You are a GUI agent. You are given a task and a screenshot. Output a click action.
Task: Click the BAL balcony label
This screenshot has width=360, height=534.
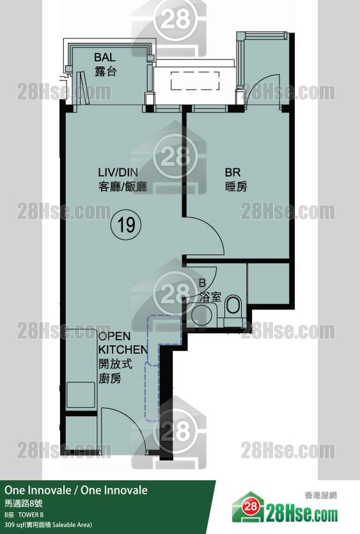click(105, 57)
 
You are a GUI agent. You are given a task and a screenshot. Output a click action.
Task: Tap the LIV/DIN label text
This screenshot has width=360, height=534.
click(118, 172)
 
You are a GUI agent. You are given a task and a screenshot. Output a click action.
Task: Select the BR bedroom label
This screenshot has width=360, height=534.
click(232, 172)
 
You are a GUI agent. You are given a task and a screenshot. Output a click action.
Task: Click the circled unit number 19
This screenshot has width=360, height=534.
click(127, 224)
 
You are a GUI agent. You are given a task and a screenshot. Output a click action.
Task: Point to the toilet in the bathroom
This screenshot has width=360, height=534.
click(233, 305)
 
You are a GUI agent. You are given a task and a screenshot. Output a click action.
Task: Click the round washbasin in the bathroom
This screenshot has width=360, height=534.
click(201, 315)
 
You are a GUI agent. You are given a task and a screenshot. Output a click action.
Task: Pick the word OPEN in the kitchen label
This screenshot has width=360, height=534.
click(114, 336)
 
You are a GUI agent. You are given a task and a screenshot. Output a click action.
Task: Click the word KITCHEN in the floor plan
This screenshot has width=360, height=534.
click(123, 350)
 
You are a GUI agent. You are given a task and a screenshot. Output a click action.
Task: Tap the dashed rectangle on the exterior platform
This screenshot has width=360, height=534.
click(195, 81)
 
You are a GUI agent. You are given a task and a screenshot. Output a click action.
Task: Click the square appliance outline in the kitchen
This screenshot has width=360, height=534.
click(81, 395)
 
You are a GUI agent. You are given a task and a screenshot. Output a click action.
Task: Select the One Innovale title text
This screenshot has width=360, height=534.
click(76, 490)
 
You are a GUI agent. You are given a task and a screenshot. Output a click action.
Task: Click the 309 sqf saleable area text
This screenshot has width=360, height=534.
click(48, 525)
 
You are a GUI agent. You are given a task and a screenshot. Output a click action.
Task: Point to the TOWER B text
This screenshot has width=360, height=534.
click(31, 515)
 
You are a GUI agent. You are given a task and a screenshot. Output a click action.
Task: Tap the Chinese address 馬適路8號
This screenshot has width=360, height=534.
click(24, 503)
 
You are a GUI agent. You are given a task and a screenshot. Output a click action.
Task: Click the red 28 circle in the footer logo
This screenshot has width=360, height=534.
click(251, 507)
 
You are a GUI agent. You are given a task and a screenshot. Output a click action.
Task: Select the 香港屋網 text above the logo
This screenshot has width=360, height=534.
click(320, 496)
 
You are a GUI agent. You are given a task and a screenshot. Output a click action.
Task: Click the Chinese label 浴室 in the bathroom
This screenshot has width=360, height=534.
click(210, 297)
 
